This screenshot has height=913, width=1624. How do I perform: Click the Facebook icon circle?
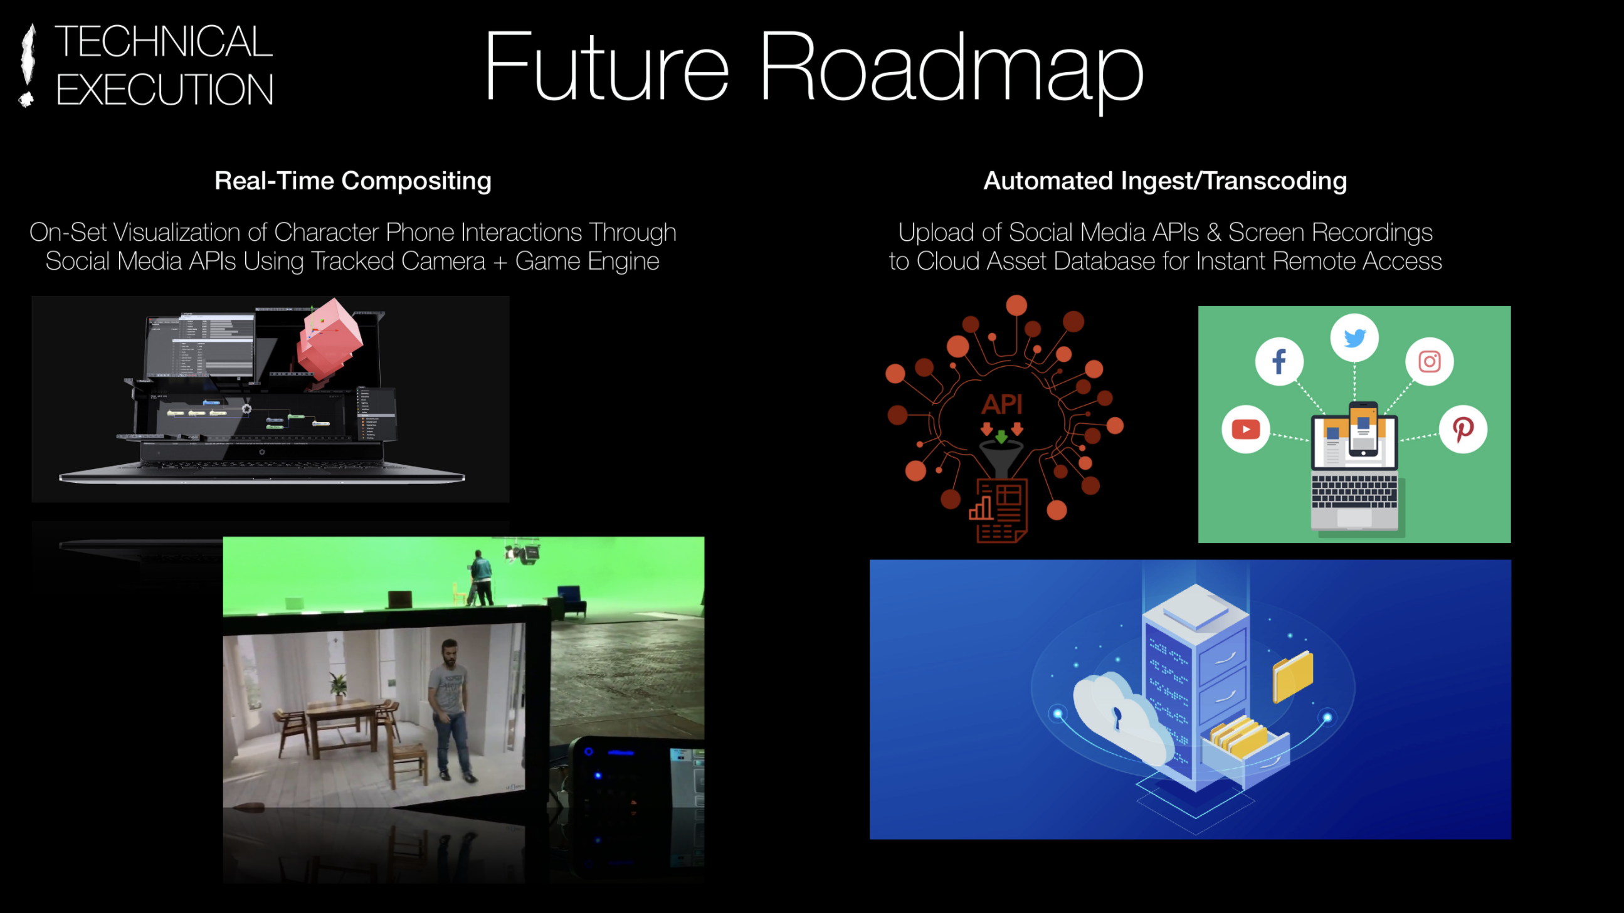1279,361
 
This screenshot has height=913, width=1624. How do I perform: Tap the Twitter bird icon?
1354,338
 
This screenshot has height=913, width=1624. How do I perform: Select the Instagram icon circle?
1429,361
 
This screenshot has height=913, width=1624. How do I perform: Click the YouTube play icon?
1245,430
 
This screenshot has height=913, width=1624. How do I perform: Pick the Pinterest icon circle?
1463,430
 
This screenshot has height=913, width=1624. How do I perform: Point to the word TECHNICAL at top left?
164,41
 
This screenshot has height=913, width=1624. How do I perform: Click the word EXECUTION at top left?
164,89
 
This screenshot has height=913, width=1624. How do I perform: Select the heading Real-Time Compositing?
352,182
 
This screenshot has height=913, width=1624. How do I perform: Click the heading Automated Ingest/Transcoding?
1165,182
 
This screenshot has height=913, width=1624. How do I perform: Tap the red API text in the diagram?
1001,404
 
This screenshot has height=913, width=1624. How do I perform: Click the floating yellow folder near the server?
1292,677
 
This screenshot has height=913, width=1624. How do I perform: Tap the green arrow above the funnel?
1001,436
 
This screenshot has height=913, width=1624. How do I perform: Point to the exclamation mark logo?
26,65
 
